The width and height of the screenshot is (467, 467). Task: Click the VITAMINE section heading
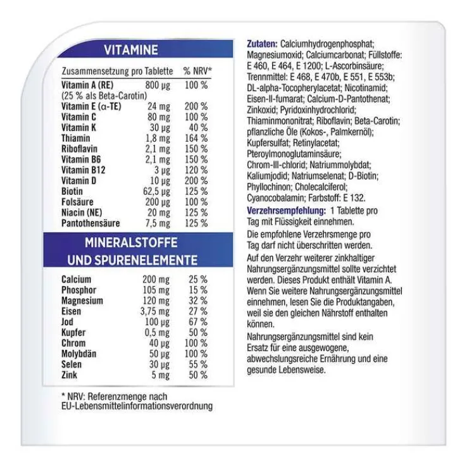[x=132, y=51]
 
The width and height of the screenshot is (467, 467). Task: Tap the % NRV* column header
[x=197, y=71]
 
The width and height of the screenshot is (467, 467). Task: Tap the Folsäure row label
[x=77, y=202]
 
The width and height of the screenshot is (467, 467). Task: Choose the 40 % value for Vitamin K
[x=198, y=128]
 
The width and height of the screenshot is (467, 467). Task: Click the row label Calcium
[x=77, y=279]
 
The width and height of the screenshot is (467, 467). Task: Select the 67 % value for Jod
[x=198, y=322]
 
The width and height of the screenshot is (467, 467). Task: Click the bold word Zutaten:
[x=261, y=44]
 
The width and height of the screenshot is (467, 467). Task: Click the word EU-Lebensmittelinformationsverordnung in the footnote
[x=137, y=406]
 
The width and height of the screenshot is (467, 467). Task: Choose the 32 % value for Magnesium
[x=198, y=301]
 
